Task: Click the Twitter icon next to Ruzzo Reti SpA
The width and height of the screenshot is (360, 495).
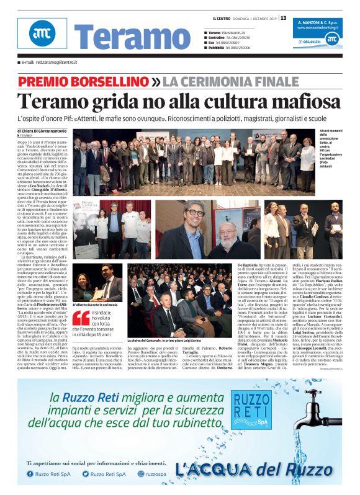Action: point(86,473)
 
